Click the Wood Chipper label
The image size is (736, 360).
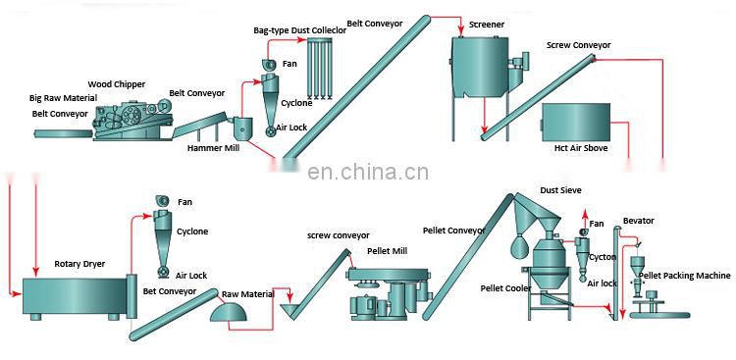pos(117,84)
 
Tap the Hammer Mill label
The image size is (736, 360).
pos(214,149)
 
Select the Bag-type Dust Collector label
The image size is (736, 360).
pos(299,31)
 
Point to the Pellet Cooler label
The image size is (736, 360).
pos(505,288)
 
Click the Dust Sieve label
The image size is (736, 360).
pos(561,190)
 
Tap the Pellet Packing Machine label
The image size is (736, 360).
pos(685,276)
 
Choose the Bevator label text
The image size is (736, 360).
pos(639,222)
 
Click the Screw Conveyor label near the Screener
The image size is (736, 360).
pos(578,45)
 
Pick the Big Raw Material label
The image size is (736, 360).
pos(64,99)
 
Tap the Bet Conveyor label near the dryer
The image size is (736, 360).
pos(170,291)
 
